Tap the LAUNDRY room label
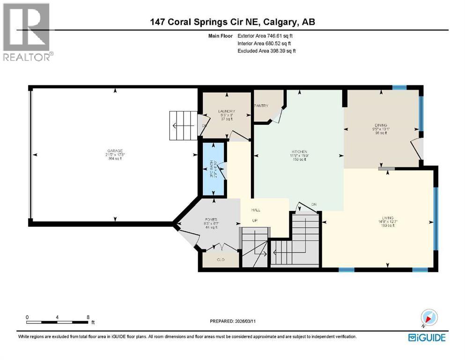point(226,111)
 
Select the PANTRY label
point(261,106)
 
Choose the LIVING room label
point(387,218)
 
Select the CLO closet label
point(221,259)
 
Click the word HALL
point(255,210)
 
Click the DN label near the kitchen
point(314,204)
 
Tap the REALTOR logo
point(27,32)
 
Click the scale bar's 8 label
point(88,317)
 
